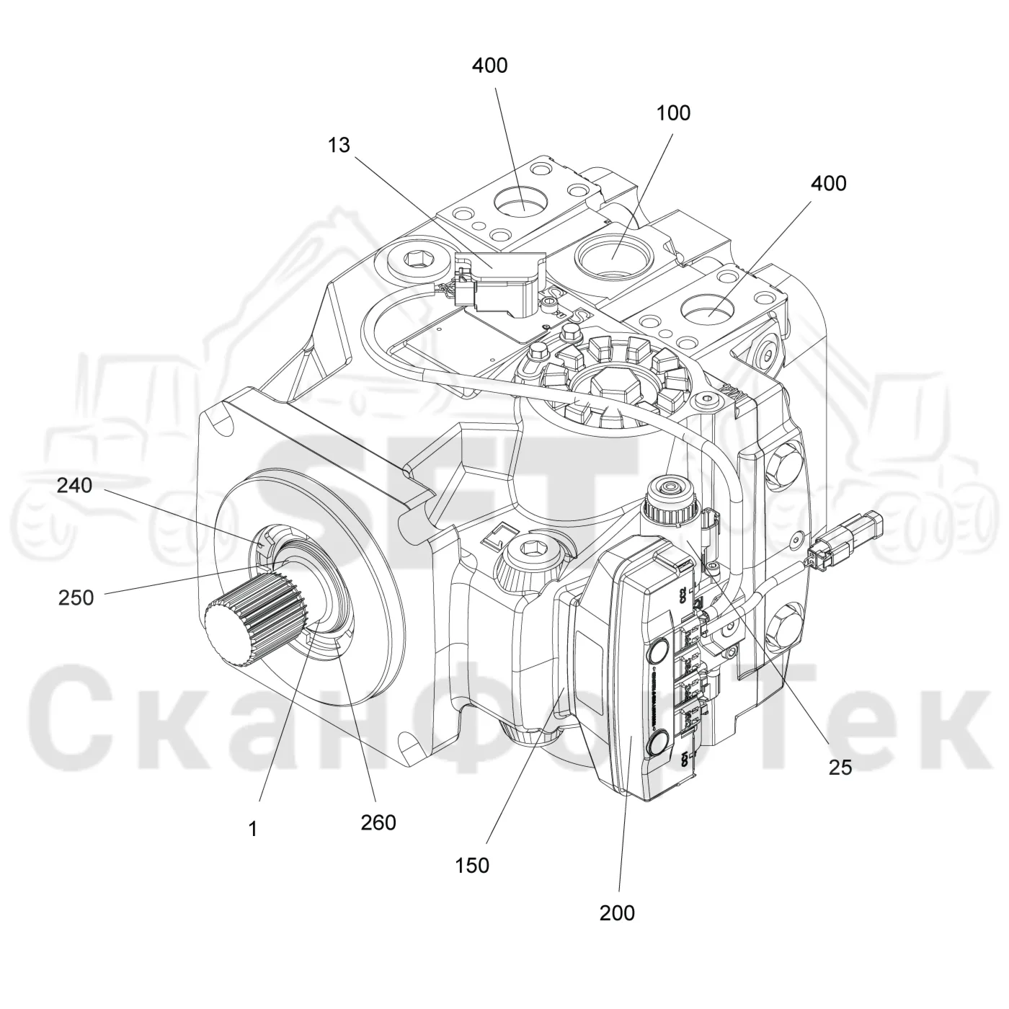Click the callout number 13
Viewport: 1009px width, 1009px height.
click(339, 145)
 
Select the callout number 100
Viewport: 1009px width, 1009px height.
click(673, 113)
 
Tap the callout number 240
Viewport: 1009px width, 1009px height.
click(74, 485)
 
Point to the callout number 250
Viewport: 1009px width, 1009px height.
click(76, 597)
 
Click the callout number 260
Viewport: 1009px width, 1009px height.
click(378, 822)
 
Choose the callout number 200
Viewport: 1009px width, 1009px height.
click(618, 912)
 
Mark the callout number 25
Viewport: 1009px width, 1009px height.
click(840, 768)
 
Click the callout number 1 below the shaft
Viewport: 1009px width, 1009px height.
click(253, 829)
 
